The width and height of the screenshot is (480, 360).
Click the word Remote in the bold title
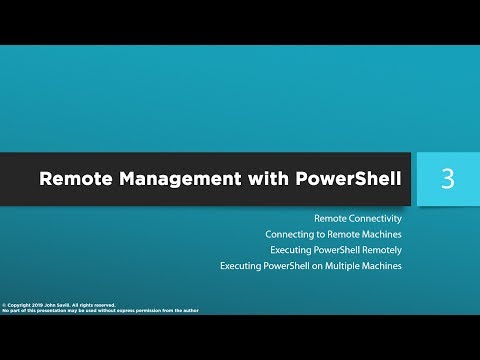pyautogui.click(x=74, y=180)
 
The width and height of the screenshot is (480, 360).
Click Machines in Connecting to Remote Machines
pyautogui.click(x=377, y=234)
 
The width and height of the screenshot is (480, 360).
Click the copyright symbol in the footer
pyautogui.click(x=6, y=304)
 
